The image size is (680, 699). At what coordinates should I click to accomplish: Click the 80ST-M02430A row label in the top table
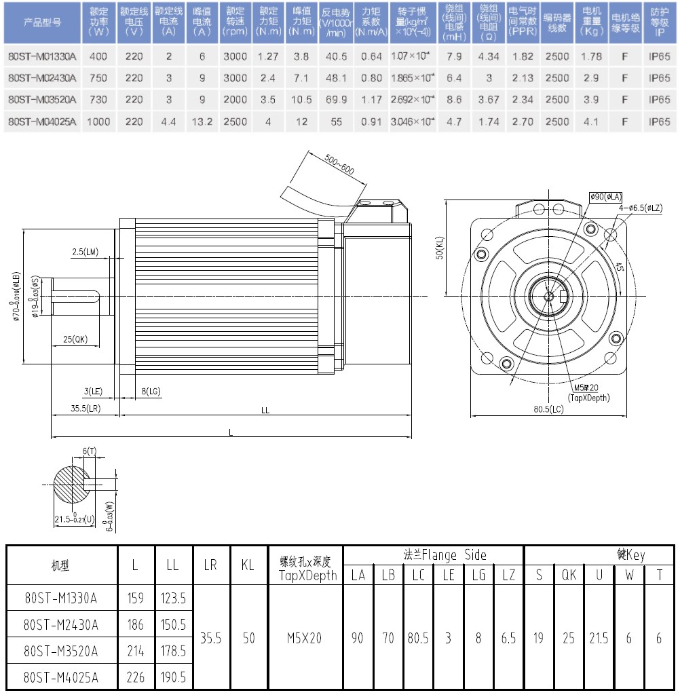[42, 78]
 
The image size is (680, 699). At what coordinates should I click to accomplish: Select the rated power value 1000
[100, 121]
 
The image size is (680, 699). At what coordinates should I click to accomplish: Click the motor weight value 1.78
[592, 56]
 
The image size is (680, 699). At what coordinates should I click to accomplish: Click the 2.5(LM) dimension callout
[86, 252]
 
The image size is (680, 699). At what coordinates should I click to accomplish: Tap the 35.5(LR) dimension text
[86, 409]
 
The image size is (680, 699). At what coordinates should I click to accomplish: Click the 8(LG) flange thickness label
[151, 392]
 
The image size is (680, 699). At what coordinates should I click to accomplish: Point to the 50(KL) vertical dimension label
[440, 248]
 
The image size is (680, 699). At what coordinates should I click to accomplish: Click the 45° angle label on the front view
[620, 267]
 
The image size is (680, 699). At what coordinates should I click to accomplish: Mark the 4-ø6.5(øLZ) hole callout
[639, 207]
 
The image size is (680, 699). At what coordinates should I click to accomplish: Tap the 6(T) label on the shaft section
[90, 451]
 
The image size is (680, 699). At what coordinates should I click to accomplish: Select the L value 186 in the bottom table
[136, 624]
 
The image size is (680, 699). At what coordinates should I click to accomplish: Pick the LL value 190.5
[173, 676]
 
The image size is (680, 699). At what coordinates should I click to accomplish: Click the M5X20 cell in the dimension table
[303, 638]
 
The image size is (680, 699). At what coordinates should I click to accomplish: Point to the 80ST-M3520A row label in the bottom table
[60, 651]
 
